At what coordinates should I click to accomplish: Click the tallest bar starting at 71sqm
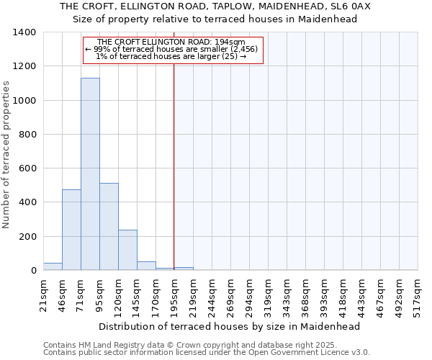[90, 174]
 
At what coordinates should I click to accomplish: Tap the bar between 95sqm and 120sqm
[109, 227]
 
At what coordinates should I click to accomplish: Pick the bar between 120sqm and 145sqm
[127, 250]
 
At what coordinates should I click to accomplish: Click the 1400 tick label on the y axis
[24, 32]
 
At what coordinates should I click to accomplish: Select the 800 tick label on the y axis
[27, 135]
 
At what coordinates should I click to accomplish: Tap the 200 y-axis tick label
[27, 237]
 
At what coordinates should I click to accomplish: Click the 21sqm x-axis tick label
[44, 294]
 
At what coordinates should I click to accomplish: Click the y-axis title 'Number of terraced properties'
[7, 155]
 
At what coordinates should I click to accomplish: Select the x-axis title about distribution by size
[229, 326]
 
